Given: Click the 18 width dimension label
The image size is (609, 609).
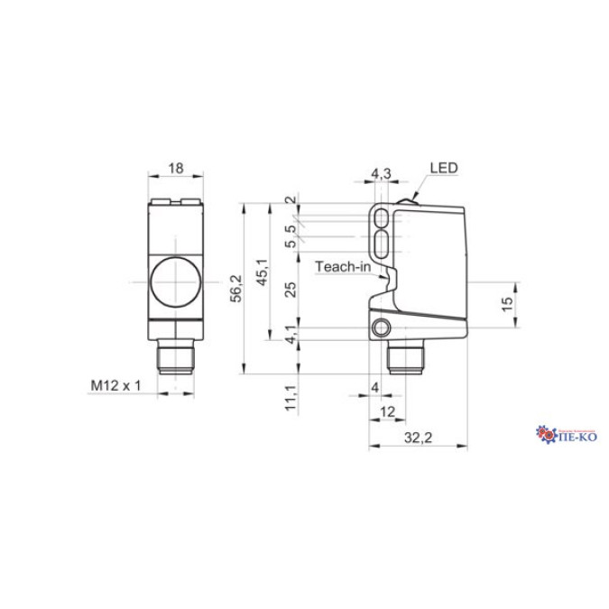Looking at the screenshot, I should [176, 168].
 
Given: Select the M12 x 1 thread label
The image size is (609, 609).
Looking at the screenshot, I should [116, 385].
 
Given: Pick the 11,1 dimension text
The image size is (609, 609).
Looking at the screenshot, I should [290, 398].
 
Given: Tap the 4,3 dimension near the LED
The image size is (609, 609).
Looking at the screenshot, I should [381, 171].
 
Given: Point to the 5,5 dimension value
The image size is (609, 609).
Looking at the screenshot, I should [290, 236].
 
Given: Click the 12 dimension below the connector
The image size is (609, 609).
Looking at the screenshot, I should [388, 411].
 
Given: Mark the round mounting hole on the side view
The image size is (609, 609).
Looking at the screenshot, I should [385, 326].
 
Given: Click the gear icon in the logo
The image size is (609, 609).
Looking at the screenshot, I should [548, 434].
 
